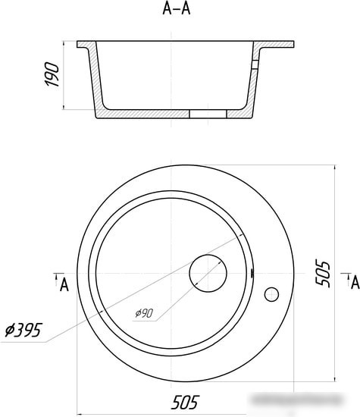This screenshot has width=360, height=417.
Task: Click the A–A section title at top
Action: pos(177,8)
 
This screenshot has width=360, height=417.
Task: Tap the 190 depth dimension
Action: pos(52,74)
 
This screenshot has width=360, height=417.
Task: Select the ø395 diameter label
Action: pos(23,330)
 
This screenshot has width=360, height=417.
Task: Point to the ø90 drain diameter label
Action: pos(144,313)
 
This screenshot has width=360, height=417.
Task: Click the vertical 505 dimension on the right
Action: pos(323,273)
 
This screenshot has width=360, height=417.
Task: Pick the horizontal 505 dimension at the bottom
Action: pos(185,402)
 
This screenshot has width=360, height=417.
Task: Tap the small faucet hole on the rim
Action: pos(271,295)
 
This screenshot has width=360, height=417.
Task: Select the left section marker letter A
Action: pos(64,285)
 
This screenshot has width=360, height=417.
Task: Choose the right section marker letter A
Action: pos(355,283)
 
